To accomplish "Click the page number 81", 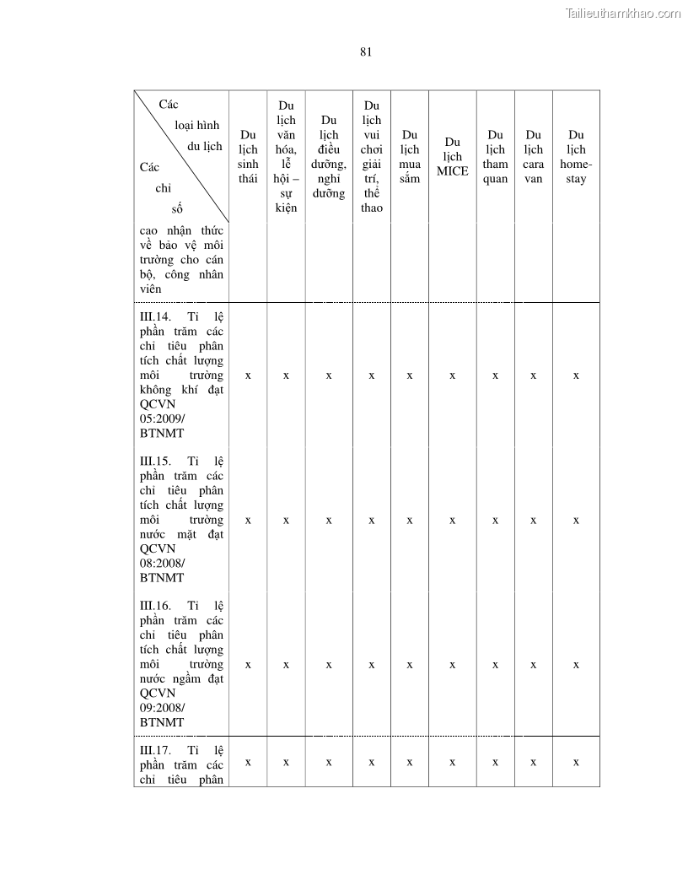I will click(366, 51).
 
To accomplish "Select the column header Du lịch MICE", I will click(452, 157).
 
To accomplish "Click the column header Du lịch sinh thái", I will click(248, 157).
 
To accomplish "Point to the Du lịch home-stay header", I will click(576, 157).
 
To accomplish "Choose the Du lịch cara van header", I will click(533, 157).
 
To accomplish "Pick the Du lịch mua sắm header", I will click(410, 157).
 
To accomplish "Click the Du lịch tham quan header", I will click(496, 157).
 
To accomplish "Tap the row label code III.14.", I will click(157, 317).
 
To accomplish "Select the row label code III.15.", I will click(157, 462).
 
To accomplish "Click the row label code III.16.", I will click(157, 606).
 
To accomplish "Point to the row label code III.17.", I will click(157, 750).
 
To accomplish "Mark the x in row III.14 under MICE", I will click(452, 375).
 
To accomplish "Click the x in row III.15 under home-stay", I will click(576, 520).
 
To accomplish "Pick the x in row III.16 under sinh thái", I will click(248, 664).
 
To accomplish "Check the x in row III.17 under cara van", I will click(533, 762).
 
